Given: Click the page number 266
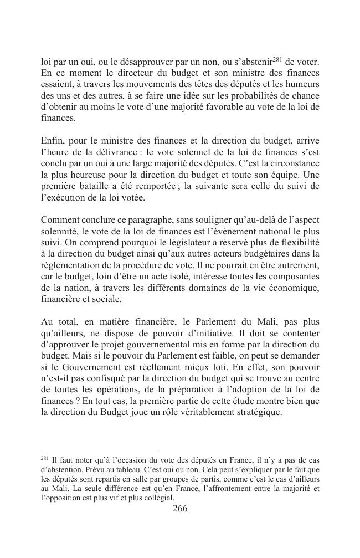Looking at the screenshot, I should tap(180, 509).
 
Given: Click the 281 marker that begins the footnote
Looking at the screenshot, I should tap(45, 458).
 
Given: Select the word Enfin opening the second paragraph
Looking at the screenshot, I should tap(53, 140).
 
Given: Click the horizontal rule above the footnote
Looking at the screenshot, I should tap(100, 451).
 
